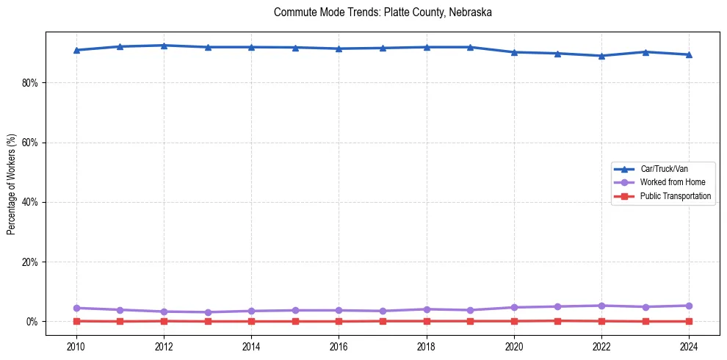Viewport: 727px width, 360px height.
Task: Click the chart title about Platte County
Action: click(x=383, y=12)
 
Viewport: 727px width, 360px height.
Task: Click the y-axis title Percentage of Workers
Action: click(x=12, y=184)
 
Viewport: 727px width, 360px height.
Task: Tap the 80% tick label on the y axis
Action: click(x=29, y=83)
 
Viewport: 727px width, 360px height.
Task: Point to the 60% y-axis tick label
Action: click(x=29, y=143)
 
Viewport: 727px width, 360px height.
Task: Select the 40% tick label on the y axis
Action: click(x=29, y=202)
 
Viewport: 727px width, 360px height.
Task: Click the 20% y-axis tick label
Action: click(x=29, y=262)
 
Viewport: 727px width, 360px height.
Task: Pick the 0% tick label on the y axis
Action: click(x=31, y=322)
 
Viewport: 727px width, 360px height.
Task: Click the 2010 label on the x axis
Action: click(x=76, y=345)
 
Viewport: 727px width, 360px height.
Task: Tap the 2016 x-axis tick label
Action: click(x=339, y=345)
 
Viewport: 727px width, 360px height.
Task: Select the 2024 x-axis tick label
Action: click(x=689, y=345)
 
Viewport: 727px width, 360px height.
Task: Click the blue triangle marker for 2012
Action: click(x=164, y=46)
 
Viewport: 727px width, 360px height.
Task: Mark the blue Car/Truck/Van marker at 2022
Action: click(x=601, y=56)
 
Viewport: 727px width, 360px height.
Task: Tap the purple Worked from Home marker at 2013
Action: click(x=208, y=312)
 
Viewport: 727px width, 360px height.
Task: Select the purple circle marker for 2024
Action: click(x=689, y=306)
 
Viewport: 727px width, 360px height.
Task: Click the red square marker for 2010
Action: click(x=76, y=321)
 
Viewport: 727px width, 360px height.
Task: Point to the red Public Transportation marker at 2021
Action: click(x=557, y=320)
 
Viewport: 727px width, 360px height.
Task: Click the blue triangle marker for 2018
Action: click(x=427, y=47)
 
